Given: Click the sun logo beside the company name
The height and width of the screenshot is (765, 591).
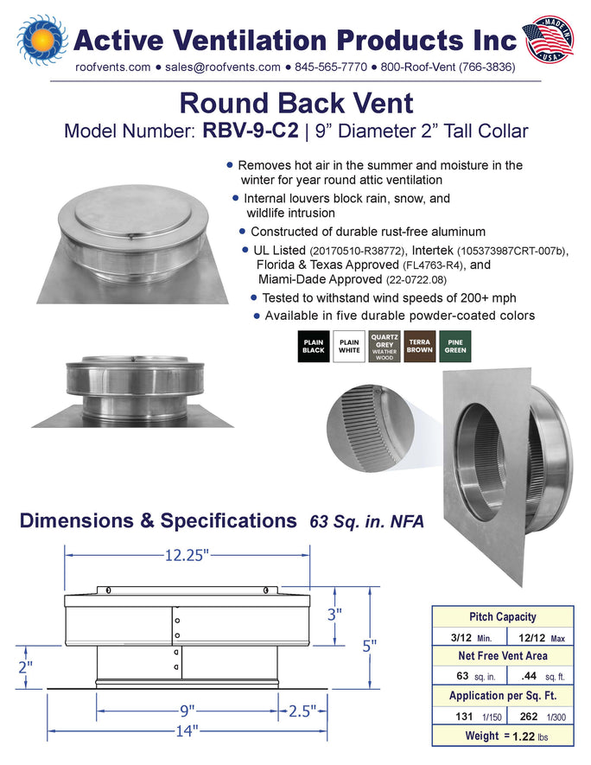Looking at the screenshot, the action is point(42,40).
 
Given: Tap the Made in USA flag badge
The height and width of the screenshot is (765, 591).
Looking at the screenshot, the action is point(548,40).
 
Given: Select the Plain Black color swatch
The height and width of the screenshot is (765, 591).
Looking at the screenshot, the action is point(314,347).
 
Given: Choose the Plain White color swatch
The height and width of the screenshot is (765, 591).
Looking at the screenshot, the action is point(349,347).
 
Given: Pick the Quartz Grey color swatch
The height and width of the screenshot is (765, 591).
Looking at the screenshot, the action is point(384,347).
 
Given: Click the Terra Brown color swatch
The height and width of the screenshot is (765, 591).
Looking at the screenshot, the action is point(420,347).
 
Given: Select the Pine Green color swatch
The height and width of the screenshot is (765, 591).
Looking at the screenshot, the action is point(455,347).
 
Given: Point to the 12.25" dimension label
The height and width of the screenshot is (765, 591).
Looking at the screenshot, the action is point(187,555).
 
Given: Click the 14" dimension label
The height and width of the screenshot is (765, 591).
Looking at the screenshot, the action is point(187,730).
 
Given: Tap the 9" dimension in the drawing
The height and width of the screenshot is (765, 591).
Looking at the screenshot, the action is point(187,711).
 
